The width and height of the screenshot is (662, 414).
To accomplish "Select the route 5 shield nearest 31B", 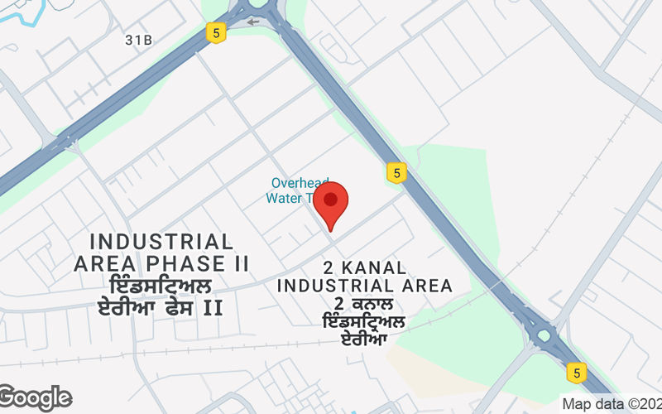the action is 216,33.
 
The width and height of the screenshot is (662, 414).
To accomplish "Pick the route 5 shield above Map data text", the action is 576,372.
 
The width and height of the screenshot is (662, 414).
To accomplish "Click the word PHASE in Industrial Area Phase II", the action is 181,264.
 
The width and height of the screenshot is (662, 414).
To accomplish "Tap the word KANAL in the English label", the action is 377,267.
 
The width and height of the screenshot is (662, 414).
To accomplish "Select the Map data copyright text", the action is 611,405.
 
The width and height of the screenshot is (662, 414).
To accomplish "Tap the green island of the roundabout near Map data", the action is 544,336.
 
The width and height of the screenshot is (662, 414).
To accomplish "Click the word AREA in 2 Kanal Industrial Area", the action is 425,286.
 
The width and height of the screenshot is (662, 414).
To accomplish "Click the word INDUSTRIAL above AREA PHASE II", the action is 161,242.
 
